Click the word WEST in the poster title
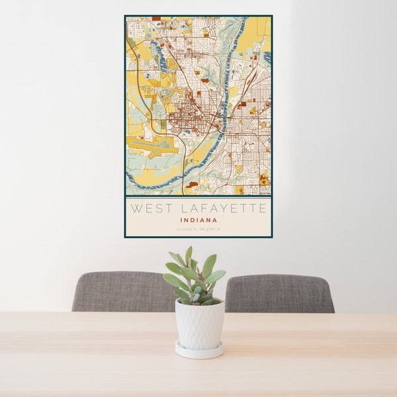(x=148, y=209)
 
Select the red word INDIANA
(x=198, y=221)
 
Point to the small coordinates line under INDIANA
(x=198, y=230)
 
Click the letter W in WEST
(x=135, y=209)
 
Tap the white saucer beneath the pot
(x=199, y=351)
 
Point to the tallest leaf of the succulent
(x=189, y=255)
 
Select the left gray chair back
(x=122, y=292)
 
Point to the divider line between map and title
(x=198, y=197)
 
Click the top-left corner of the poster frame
(x=125, y=16)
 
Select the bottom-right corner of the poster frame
(x=272, y=237)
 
